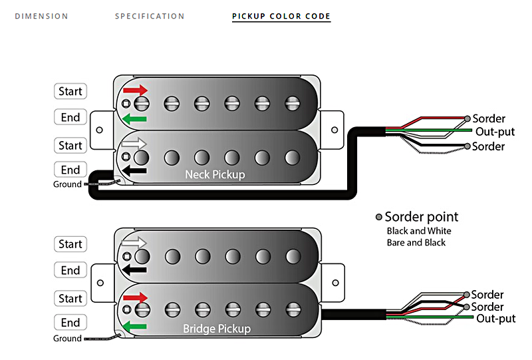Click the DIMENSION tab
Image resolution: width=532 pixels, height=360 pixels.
[x=41, y=16]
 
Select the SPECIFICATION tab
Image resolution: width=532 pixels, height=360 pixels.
[x=150, y=16]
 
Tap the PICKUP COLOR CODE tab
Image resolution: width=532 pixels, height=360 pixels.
[x=281, y=16]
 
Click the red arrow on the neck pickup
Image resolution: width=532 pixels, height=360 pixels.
[x=136, y=89]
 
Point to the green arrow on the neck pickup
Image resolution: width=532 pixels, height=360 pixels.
[x=134, y=118]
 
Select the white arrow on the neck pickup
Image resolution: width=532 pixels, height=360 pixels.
[x=136, y=143]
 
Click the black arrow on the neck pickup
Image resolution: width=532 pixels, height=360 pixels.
[x=134, y=170]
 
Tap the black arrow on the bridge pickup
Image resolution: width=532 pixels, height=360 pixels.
[x=134, y=270]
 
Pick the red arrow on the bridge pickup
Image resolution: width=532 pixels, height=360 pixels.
[x=136, y=296]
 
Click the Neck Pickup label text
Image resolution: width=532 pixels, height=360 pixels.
[x=215, y=175]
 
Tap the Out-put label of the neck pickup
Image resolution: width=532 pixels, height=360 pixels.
[x=495, y=132]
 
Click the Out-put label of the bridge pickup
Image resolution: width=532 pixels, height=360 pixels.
[x=496, y=319]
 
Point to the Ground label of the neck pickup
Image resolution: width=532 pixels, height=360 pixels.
[x=67, y=184]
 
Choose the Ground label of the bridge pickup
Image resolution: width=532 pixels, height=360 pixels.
[x=67, y=339]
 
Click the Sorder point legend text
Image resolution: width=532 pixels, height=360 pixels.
[x=421, y=217]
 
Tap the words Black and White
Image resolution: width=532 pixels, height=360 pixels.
[x=419, y=231]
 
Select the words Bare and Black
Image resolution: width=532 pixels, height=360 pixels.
[x=416, y=243]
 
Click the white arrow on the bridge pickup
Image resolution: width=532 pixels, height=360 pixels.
[x=136, y=243]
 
